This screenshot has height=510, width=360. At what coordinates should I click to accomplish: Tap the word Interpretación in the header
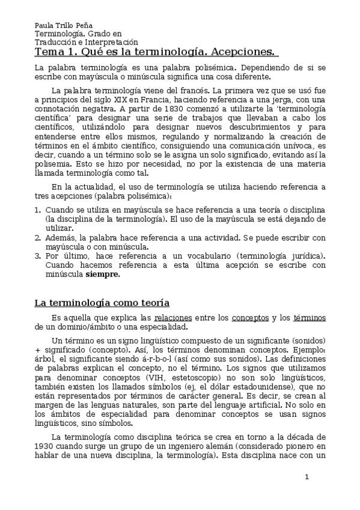114,43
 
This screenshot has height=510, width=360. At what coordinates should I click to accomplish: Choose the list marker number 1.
37,210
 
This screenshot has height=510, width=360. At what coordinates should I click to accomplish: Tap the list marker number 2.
37,238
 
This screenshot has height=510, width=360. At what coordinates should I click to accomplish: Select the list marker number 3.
37,256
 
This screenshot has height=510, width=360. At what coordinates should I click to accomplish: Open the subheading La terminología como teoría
102,303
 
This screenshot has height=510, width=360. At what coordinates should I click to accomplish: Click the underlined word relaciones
173,318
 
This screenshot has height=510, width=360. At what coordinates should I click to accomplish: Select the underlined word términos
310,318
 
